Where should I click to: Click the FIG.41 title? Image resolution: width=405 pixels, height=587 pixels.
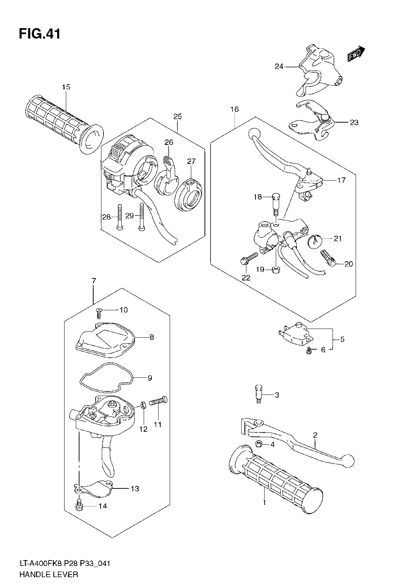point(40,34)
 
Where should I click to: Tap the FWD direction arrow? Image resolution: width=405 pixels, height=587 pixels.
point(356,54)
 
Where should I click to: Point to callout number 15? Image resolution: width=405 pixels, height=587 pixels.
point(66,87)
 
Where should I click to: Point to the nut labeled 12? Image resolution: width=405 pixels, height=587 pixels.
point(143,405)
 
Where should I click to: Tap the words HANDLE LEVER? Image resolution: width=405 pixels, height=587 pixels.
point(49,574)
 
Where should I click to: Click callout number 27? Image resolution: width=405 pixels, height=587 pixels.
point(191,161)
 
